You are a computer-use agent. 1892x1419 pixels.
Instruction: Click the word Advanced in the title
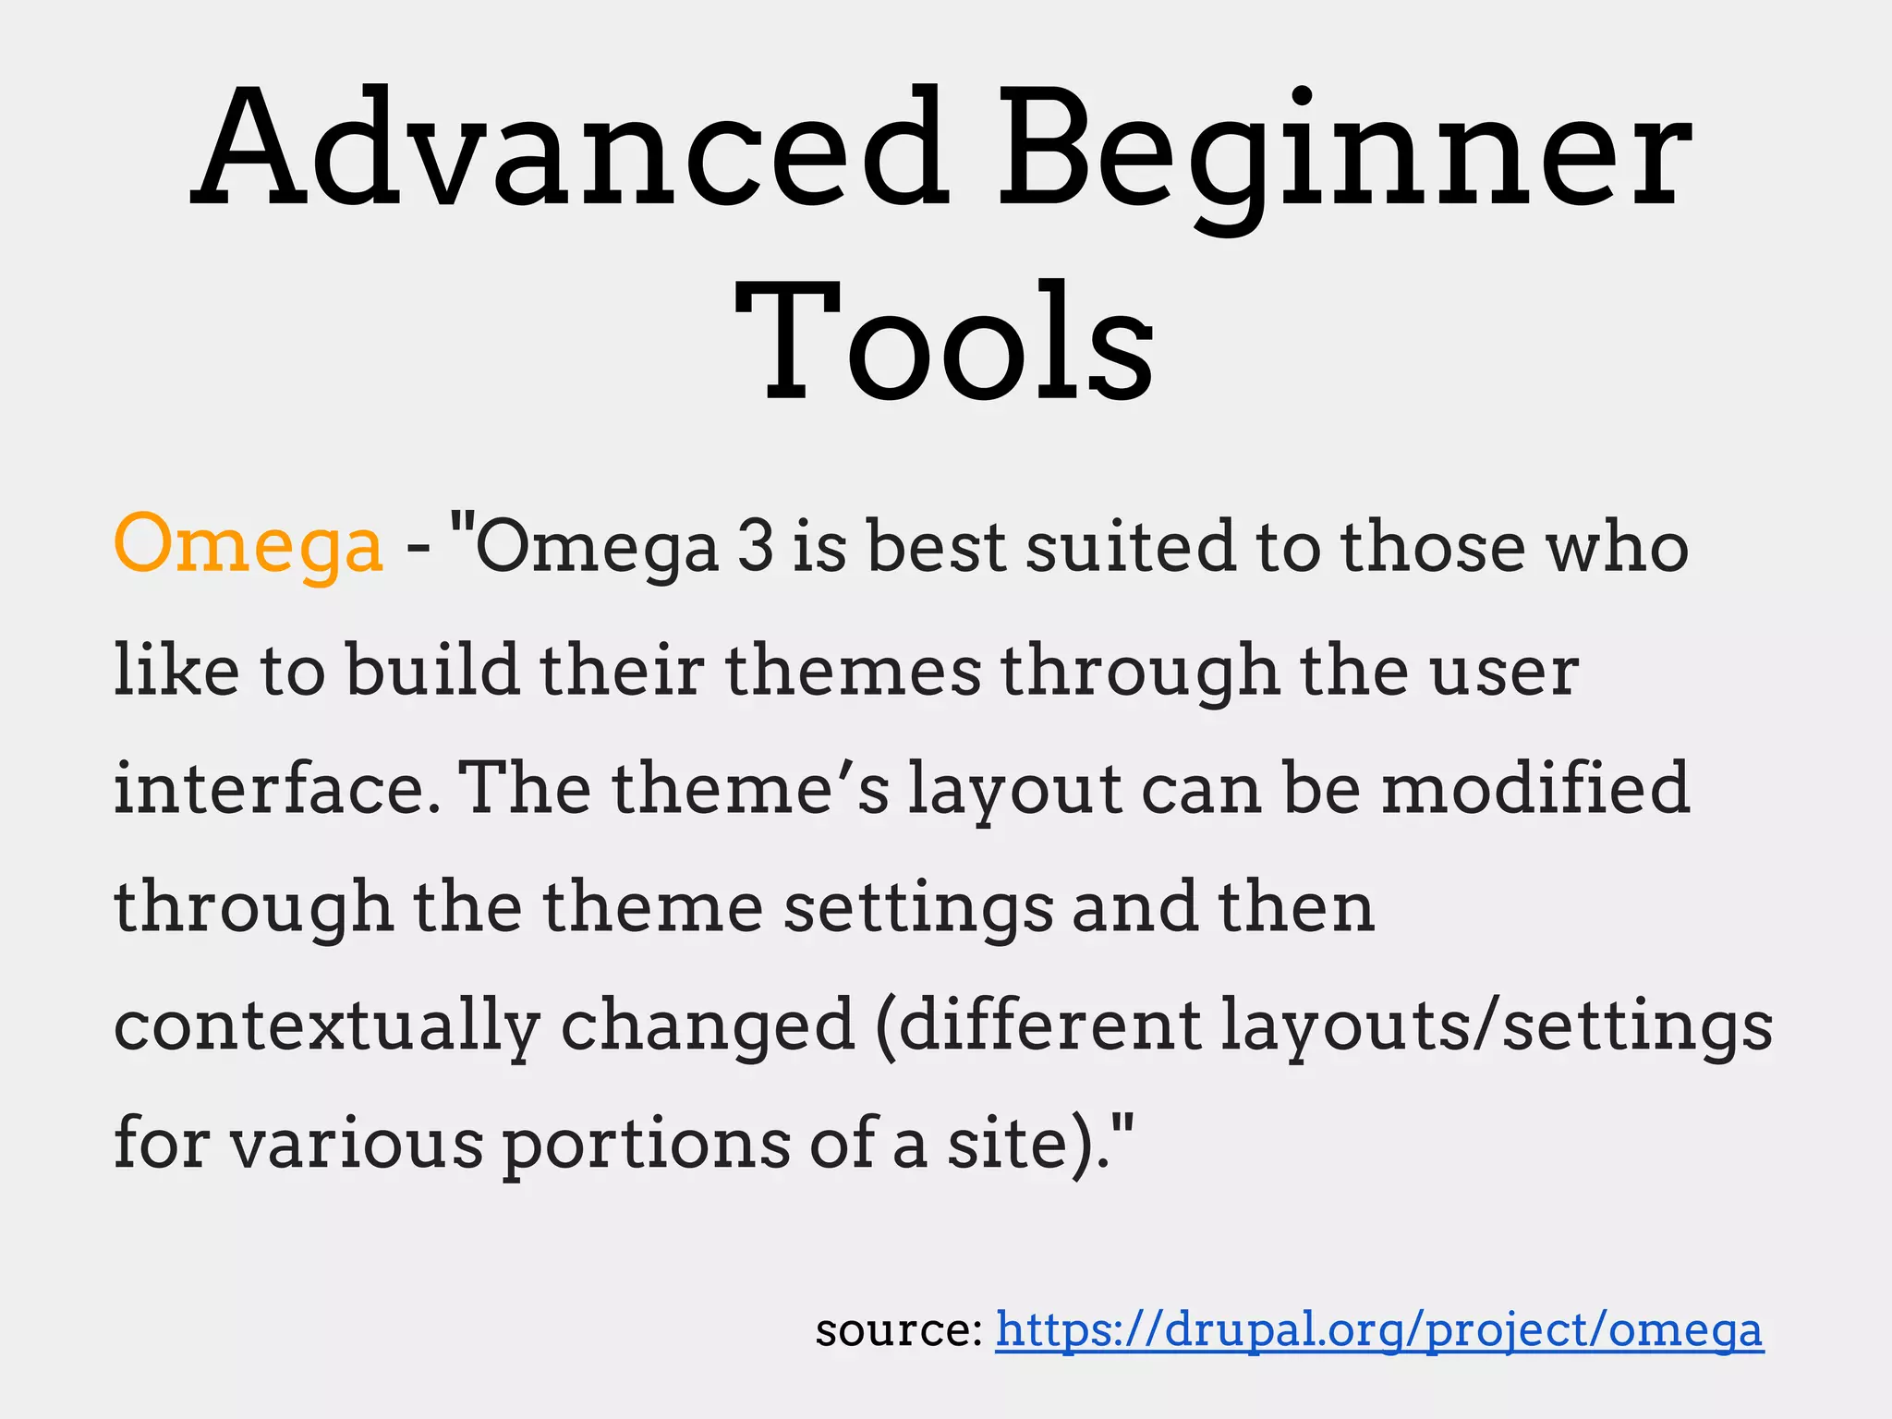(569, 148)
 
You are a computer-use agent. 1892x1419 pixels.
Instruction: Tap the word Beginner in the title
(1344, 148)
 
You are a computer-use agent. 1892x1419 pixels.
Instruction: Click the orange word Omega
(248, 545)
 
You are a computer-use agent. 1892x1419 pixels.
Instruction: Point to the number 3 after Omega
(755, 545)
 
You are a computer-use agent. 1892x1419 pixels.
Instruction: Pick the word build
(433, 669)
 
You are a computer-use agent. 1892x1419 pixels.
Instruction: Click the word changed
(708, 1025)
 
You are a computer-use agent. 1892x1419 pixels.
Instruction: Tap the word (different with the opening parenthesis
(1039, 1025)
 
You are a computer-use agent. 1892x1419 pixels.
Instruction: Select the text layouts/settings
(1497, 1025)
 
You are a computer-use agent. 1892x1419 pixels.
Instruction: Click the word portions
(646, 1144)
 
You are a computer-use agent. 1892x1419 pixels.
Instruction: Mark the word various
(356, 1144)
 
